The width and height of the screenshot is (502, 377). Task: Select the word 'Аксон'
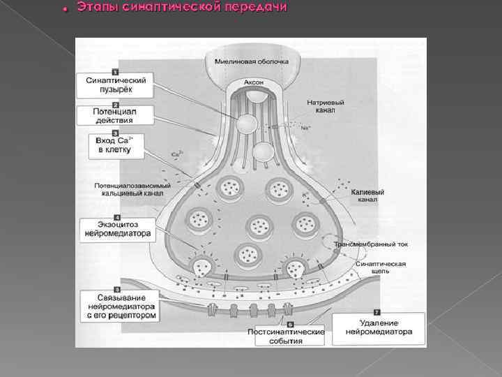(x=254, y=82)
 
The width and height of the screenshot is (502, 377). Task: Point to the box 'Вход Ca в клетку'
(x=115, y=145)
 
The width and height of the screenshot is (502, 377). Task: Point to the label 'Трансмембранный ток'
(x=370, y=244)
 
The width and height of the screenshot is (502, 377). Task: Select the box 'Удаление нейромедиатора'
(x=379, y=327)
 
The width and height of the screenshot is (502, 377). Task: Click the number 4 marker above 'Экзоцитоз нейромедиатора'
(x=116, y=218)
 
